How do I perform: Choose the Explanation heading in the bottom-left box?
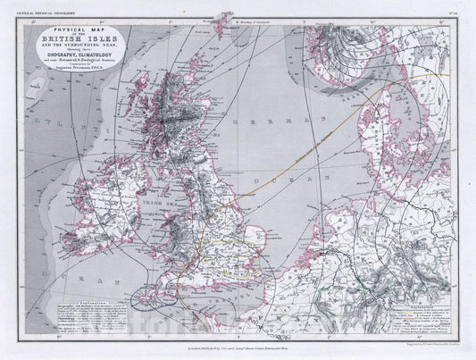94,304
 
